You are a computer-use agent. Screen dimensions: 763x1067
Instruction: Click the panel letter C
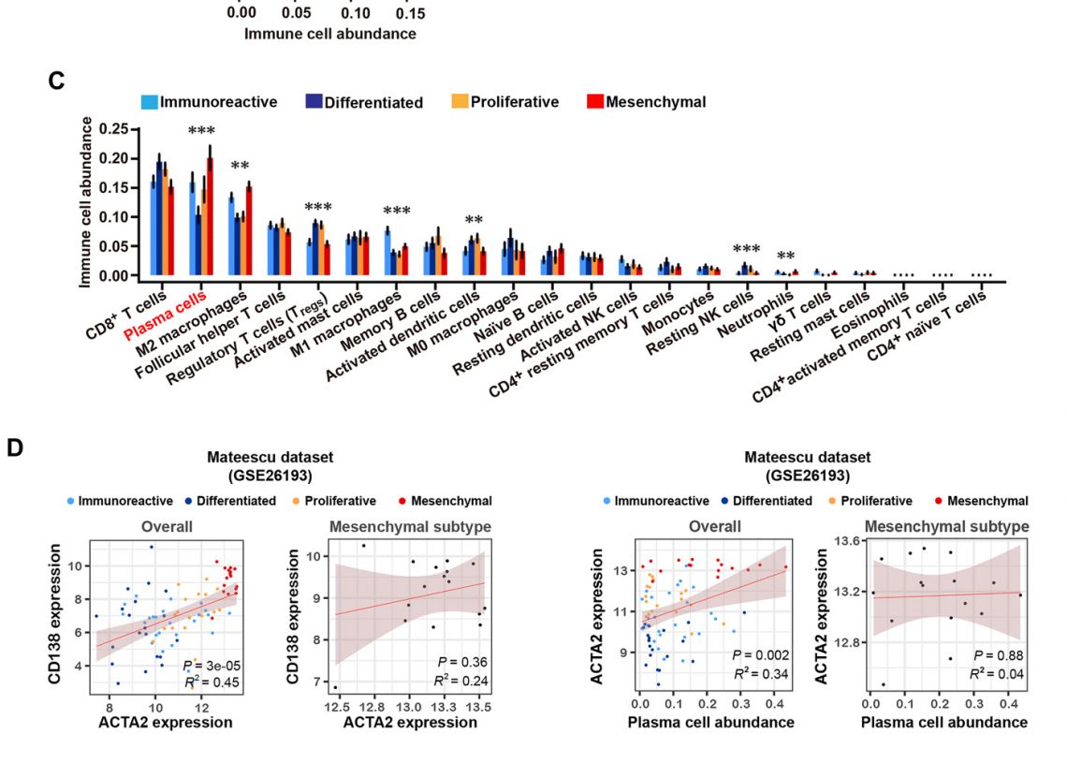[57, 81]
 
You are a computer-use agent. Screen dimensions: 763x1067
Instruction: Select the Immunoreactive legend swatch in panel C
[149, 102]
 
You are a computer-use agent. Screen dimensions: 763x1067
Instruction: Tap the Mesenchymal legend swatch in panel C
[593, 102]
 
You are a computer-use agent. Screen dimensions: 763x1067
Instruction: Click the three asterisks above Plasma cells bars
[201, 131]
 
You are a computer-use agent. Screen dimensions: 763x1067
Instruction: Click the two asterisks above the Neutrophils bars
[785, 257]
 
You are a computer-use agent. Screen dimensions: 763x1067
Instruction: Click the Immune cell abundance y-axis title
[86, 201]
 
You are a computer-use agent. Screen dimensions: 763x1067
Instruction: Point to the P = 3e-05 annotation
[207, 666]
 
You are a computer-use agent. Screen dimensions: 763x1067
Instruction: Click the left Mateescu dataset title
[271, 457]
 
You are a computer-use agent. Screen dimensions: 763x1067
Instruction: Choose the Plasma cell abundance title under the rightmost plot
[943, 722]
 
